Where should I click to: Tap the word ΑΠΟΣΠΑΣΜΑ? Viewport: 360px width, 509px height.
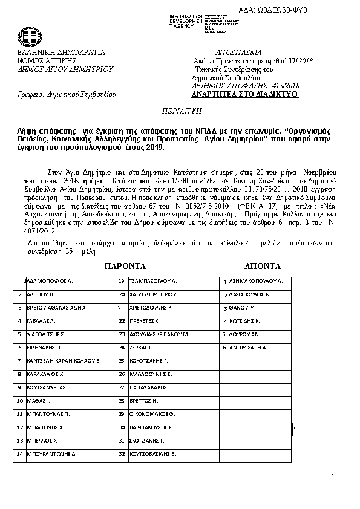(x=238, y=52)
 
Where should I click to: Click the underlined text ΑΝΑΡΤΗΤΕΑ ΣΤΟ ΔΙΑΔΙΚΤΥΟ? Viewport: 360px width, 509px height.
(x=244, y=95)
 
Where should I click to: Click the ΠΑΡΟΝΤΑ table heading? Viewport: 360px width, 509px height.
(x=125, y=266)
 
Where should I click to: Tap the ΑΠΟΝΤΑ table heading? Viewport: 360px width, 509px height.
(x=262, y=266)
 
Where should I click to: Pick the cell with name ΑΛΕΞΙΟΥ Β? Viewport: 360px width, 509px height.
(x=41, y=294)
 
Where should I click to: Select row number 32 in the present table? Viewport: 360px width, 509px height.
(x=122, y=453)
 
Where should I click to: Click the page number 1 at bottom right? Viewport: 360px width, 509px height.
(x=333, y=478)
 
